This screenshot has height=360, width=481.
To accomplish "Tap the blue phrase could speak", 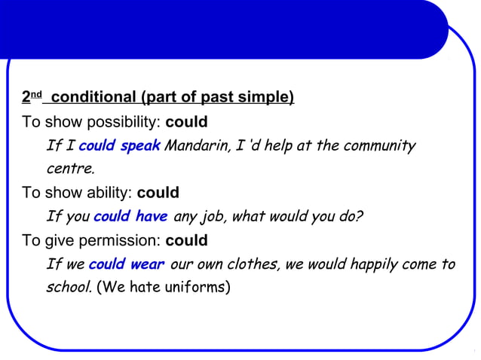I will (119, 145).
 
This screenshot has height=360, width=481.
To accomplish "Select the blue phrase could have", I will (130, 217).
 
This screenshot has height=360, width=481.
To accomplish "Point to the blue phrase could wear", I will (126, 264).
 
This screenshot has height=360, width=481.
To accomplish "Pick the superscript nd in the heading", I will (36, 95).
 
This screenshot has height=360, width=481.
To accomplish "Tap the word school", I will (69, 288).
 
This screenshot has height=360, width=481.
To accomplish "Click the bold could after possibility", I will (186, 122).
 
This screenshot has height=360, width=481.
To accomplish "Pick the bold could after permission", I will (186, 241).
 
